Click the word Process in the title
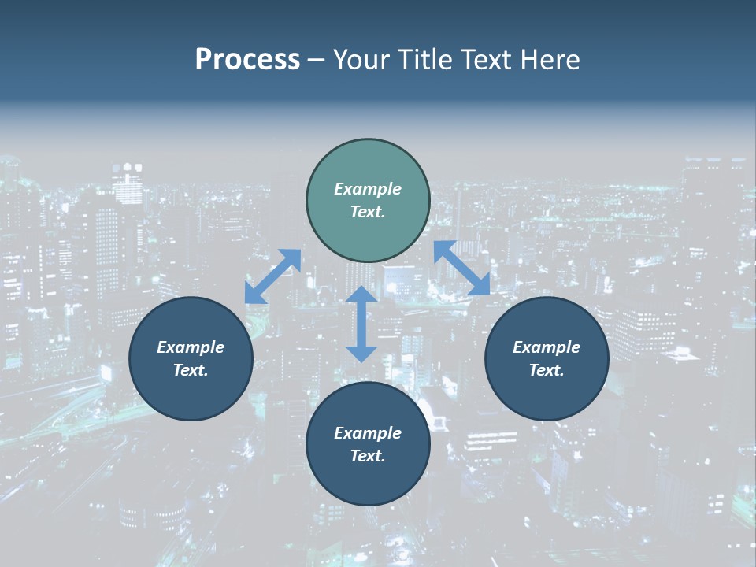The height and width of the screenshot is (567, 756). click(x=247, y=60)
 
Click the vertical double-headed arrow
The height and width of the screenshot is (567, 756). click(x=361, y=324)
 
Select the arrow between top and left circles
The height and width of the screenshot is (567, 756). click(x=272, y=276)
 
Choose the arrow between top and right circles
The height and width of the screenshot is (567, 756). click(x=462, y=268)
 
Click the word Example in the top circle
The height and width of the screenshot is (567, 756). click(x=368, y=189)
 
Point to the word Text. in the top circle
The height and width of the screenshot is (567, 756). click(x=368, y=212)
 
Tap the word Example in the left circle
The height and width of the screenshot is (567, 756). click(x=191, y=347)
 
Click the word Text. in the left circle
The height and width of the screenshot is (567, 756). click(x=191, y=370)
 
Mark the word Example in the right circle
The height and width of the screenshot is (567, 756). click(x=547, y=347)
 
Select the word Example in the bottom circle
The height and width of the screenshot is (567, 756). click(x=368, y=433)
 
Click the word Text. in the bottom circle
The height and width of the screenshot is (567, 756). click(x=368, y=456)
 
